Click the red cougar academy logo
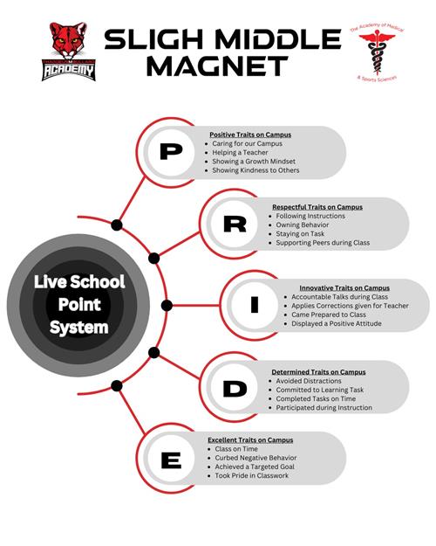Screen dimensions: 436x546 click(69, 52)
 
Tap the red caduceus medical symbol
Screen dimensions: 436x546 click(377, 52)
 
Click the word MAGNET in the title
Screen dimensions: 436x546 click(218, 66)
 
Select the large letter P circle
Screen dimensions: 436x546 click(171, 152)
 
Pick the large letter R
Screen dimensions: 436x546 click(235, 224)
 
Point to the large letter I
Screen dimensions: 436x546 click(255, 305)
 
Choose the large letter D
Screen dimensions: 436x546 click(235, 389)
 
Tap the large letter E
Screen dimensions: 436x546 click(172, 460)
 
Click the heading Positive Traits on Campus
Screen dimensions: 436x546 click(250, 135)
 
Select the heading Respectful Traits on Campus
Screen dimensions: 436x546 click(317, 207)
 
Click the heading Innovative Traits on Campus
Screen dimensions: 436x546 click(344, 288)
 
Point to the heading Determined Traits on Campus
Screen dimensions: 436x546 click(318, 372)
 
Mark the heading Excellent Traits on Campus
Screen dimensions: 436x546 click(250, 439)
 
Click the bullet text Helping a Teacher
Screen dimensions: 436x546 click(241, 153)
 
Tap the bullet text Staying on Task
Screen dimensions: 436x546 click(300, 233)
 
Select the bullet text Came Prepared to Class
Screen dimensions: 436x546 click(329, 314)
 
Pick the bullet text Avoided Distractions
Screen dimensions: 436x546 click(309, 381)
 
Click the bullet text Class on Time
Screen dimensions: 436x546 click(236, 449)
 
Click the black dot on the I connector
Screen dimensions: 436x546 click(167, 306)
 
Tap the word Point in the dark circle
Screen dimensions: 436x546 click(79, 305)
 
